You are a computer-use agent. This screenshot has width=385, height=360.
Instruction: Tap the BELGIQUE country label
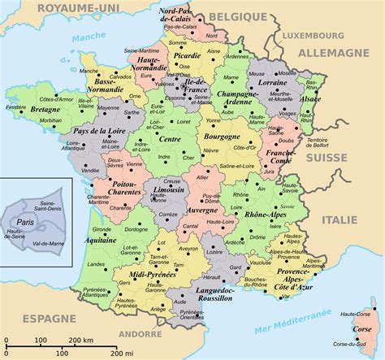(x=237, y=16)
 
